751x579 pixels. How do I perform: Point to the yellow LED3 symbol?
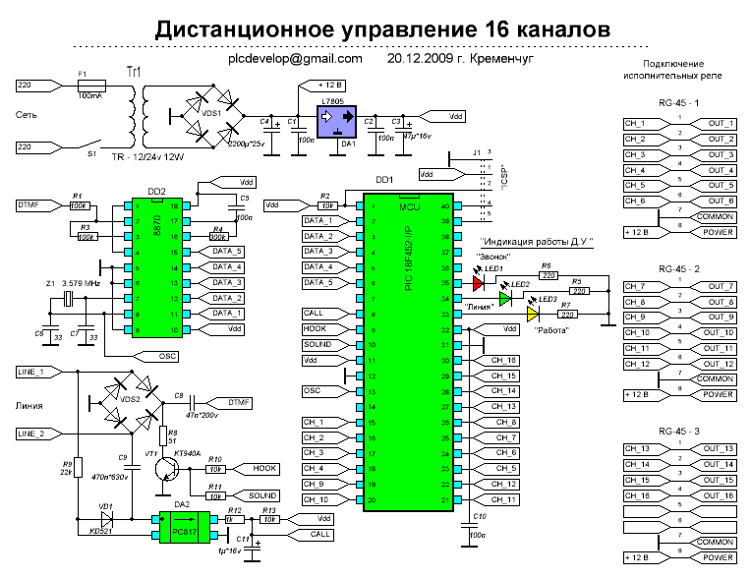click(533, 315)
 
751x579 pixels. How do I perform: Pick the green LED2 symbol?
click(505, 299)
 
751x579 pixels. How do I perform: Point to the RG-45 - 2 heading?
click(679, 267)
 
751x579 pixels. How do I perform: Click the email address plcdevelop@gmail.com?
click(295, 58)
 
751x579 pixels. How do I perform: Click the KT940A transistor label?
click(188, 453)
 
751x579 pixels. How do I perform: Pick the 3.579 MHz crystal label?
click(82, 283)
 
